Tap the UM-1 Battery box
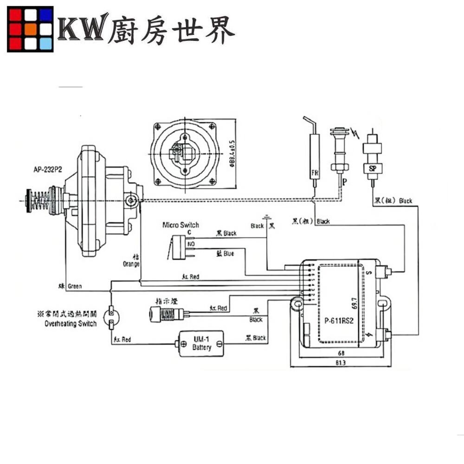[201, 343]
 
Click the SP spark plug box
[372, 168]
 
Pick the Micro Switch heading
[180, 225]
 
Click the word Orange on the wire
[132, 264]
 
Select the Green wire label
[74, 286]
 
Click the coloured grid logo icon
[30, 29]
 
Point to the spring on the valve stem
[41, 200]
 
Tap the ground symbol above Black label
[267, 217]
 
